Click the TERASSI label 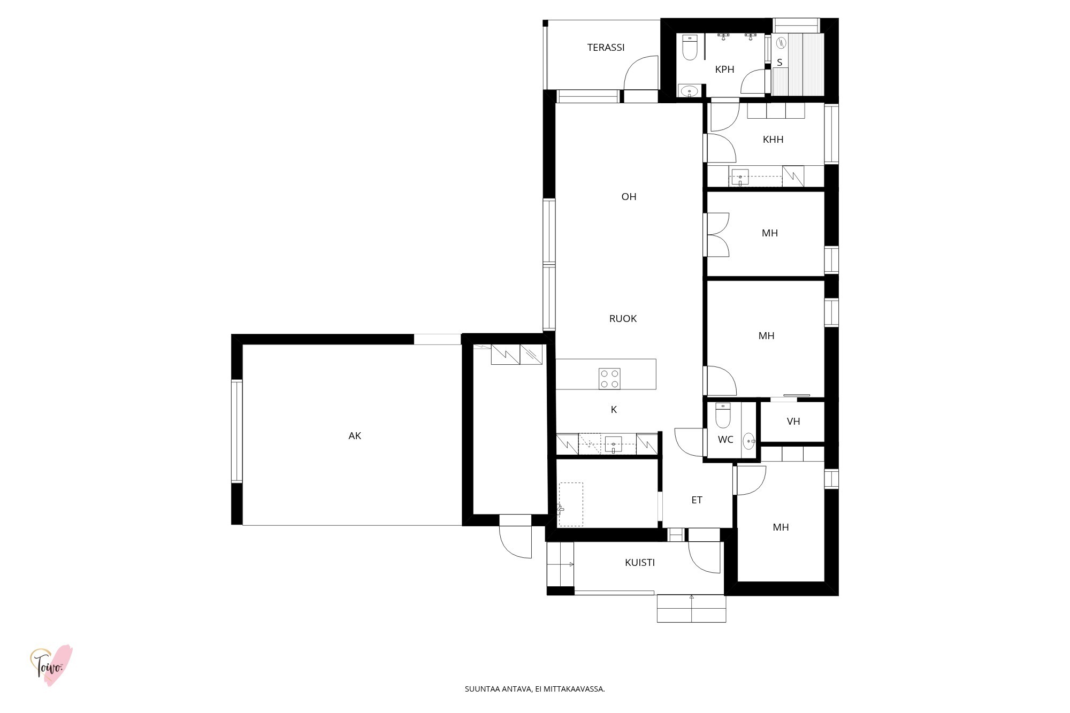[606, 48]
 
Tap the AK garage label [355, 436]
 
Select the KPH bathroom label [724, 70]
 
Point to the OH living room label [629, 197]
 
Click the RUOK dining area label [623, 319]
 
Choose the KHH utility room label [773, 140]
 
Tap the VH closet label [793, 421]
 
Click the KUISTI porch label [640, 563]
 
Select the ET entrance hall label [697, 500]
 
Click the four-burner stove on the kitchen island [609, 379]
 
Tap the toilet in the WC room [723, 415]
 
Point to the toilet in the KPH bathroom [690, 48]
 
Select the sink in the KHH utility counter [740, 177]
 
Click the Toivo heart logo [51, 665]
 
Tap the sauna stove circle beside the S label [781, 42]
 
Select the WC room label [725, 440]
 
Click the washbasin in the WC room [748, 441]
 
